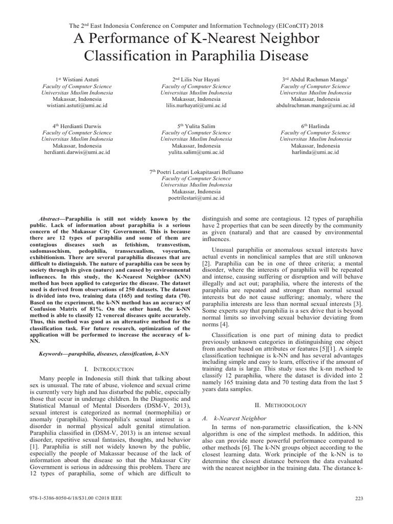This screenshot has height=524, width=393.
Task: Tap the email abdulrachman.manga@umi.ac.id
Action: (315, 105)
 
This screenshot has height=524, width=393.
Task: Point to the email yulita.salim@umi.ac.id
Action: (196, 152)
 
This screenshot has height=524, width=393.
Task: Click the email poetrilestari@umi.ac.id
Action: (196, 197)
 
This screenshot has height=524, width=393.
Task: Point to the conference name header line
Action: (196, 25)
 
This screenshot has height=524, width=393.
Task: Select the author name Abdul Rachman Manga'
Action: (318, 80)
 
